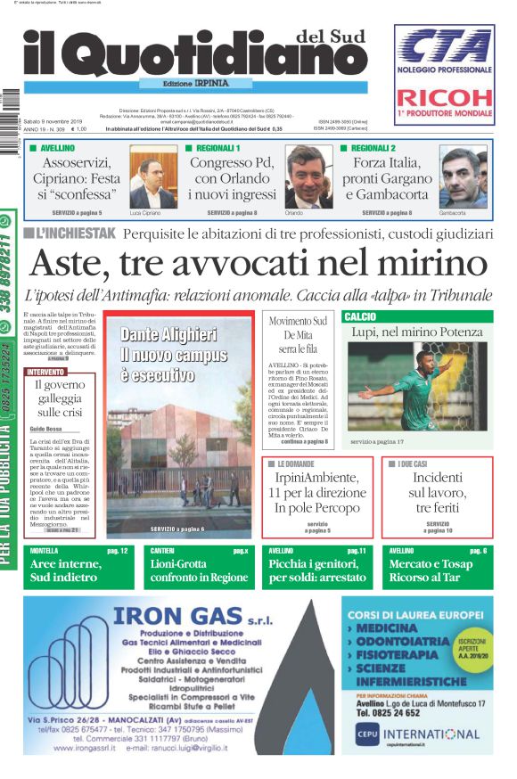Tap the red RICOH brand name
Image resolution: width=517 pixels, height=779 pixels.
(444, 98)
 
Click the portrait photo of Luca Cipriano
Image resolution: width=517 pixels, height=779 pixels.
(152, 179)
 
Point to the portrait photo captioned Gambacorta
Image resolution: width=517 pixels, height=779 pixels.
(463, 179)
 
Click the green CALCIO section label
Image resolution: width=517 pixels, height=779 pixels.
(360, 316)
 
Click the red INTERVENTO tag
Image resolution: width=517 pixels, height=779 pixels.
(45, 372)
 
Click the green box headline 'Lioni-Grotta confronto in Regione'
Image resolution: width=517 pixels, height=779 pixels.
(199, 571)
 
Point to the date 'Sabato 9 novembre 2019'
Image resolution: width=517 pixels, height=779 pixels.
(53, 121)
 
